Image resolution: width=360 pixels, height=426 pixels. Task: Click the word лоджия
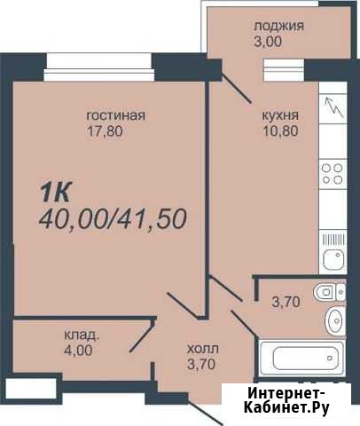278,26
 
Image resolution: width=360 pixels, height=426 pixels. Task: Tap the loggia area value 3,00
268,41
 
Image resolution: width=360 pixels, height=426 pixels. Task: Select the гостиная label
115,115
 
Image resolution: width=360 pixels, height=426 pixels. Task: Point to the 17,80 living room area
105,130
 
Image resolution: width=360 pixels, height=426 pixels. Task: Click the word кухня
280,115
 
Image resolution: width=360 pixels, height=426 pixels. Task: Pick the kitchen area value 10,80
280,130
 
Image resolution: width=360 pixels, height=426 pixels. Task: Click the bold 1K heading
55,193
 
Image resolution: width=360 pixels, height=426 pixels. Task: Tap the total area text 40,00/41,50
113,219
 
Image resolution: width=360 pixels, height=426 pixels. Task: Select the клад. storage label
81,335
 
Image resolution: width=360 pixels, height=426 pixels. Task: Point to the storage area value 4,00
78,351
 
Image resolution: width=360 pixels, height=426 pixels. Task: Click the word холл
202,349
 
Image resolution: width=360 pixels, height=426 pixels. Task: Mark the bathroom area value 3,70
286,302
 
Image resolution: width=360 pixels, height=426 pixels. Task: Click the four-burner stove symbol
333,174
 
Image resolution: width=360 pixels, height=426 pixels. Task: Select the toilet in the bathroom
329,293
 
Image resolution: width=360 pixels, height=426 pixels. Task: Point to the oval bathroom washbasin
335,320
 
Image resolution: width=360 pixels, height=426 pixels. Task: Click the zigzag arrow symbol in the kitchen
334,107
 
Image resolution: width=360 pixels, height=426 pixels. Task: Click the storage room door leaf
142,336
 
